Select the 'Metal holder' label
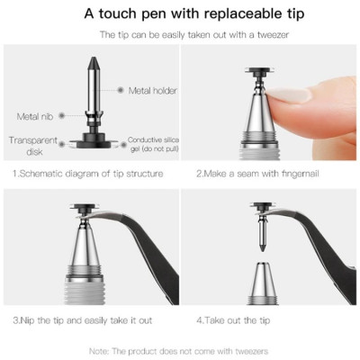152,91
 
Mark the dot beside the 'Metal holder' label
121,91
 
